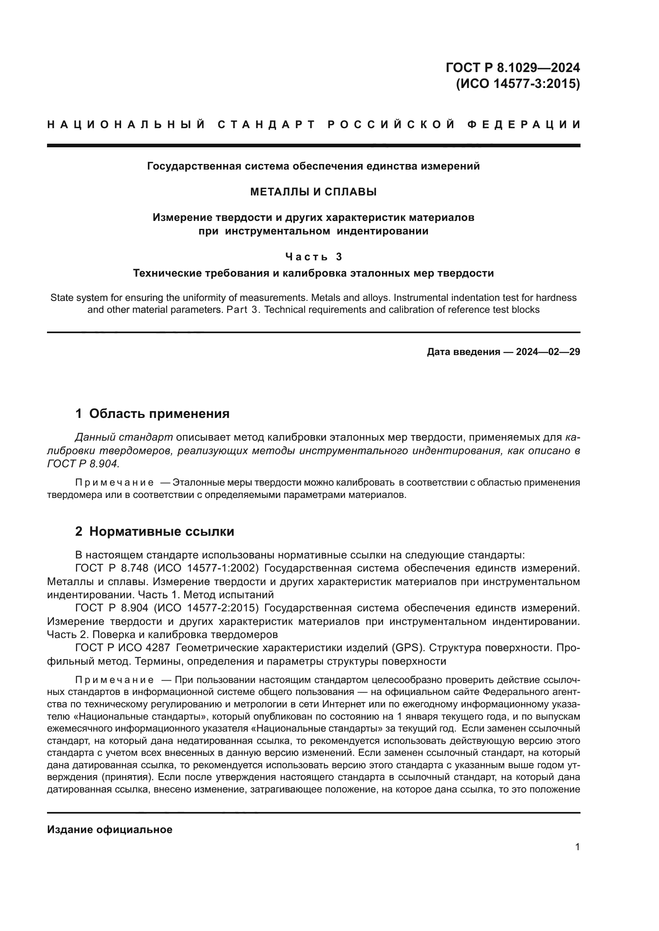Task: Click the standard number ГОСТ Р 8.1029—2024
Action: coord(512,67)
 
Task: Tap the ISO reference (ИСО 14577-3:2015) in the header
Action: coord(518,84)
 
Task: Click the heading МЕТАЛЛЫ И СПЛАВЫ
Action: coord(313,192)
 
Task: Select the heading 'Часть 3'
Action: coord(314,257)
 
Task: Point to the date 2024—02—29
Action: coord(548,352)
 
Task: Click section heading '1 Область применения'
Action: coord(152,414)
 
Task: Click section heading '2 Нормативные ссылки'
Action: coord(155,531)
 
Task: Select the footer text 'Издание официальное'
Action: coord(110,829)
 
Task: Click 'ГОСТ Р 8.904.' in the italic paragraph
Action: coord(83,464)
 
